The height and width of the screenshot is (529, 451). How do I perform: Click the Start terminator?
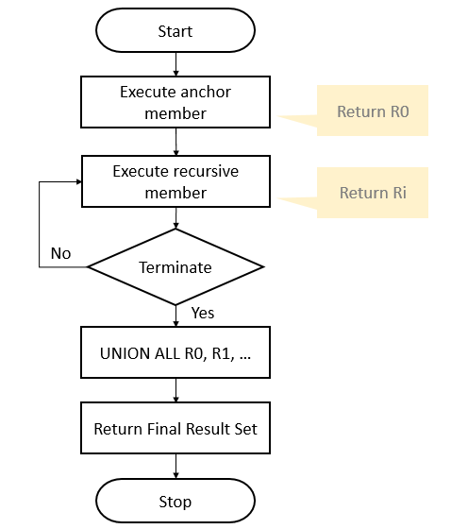click(175, 31)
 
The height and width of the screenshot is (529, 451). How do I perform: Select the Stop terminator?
click(175, 501)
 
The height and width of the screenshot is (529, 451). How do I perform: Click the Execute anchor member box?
click(175, 103)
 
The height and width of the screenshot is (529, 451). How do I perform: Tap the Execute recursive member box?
click(175, 181)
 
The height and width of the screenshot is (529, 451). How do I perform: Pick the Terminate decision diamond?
click(175, 267)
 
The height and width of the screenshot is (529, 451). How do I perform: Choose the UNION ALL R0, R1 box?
click(175, 353)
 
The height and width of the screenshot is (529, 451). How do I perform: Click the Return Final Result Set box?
click(175, 428)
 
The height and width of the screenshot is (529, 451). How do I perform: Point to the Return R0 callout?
click(374, 111)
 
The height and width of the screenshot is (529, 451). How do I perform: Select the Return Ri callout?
click(372, 193)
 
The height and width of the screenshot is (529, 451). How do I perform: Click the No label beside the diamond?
click(60, 253)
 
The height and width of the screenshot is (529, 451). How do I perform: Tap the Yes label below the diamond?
click(202, 312)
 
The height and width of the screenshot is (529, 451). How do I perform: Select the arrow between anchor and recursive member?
click(175, 142)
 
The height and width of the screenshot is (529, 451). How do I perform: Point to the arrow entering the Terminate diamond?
click(175, 218)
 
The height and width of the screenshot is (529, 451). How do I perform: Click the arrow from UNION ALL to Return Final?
click(175, 390)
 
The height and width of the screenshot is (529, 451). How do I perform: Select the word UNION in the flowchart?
click(124, 353)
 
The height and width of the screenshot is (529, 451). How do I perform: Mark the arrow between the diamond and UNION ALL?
click(175, 316)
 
